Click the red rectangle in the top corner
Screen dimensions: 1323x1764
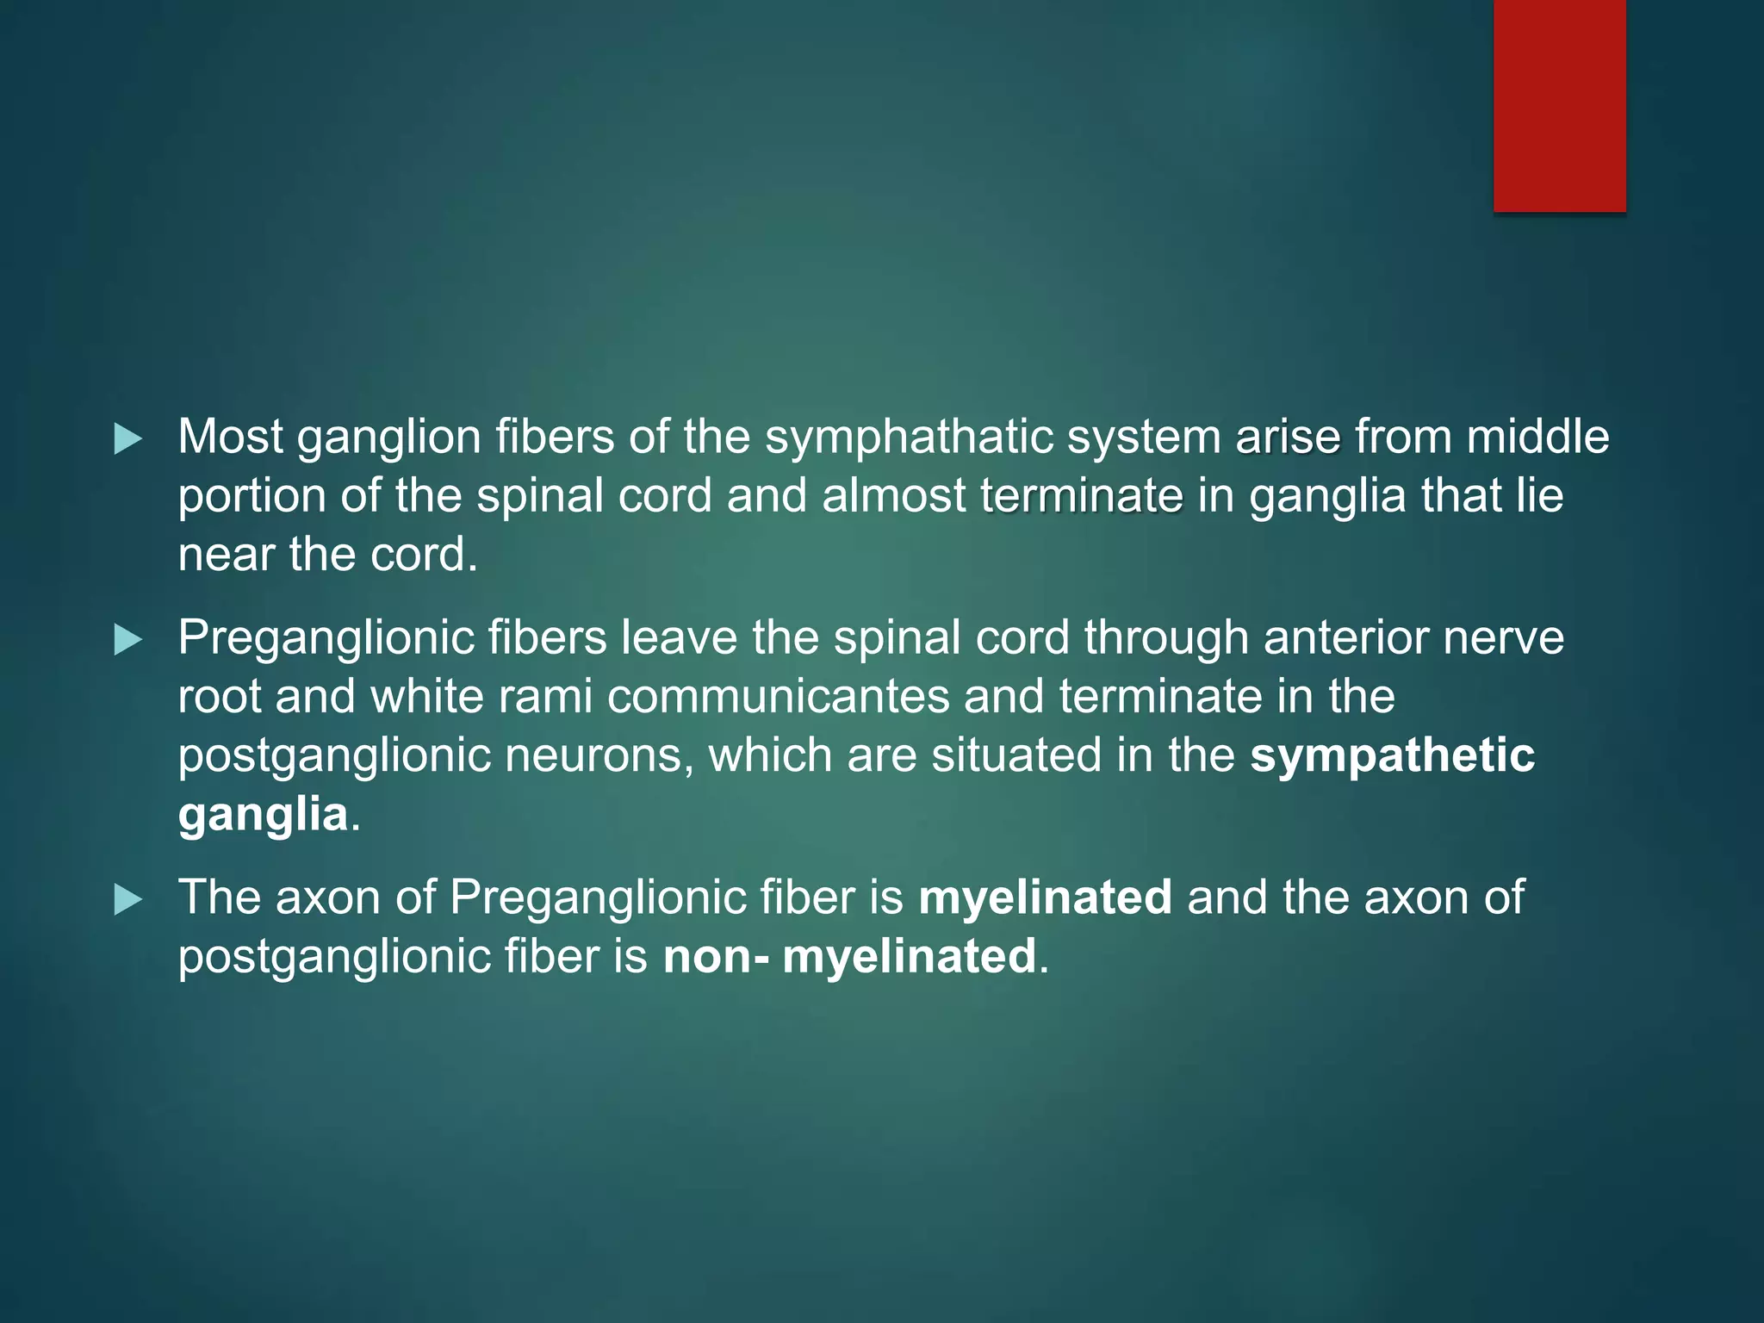click(1559, 105)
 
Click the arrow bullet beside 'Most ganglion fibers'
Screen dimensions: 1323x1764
click(128, 439)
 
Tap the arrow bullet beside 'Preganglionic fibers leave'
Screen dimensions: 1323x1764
click(128, 640)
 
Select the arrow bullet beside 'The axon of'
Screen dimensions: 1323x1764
click(128, 900)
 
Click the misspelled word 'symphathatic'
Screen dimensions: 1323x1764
click(909, 438)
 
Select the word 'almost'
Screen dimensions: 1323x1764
click(893, 495)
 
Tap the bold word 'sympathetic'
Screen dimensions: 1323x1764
click(1392, 755)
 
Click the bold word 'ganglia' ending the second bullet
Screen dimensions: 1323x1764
click(263, 815)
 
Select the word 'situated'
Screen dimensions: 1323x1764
click(1016, 755)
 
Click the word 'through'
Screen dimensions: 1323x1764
click(1166, 639)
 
